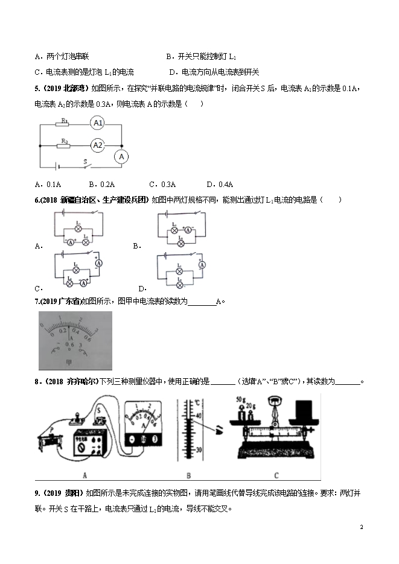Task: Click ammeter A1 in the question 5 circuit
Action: click(x=98, y=123)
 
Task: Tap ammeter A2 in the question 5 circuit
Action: click(x=98, y=145)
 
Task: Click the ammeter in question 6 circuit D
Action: click(x=203, y=265)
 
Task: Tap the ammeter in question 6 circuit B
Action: click(x=188, y=230)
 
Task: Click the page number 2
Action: click(x=361, y=527)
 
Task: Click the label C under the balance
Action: click(x=275, y=474)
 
